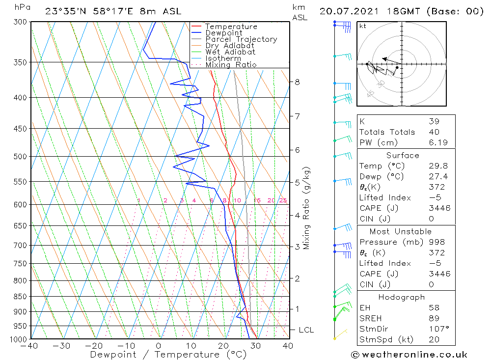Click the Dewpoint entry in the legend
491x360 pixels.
223,33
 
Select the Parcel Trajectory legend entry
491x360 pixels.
241,39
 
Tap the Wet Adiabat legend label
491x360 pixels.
230,52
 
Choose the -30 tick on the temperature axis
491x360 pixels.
61,346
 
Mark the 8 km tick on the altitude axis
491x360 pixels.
298,82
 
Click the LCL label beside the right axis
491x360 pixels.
306,330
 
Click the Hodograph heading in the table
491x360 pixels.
402,297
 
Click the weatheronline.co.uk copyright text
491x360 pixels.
409,355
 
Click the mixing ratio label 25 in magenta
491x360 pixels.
283,200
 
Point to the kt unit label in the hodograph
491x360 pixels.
362,26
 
